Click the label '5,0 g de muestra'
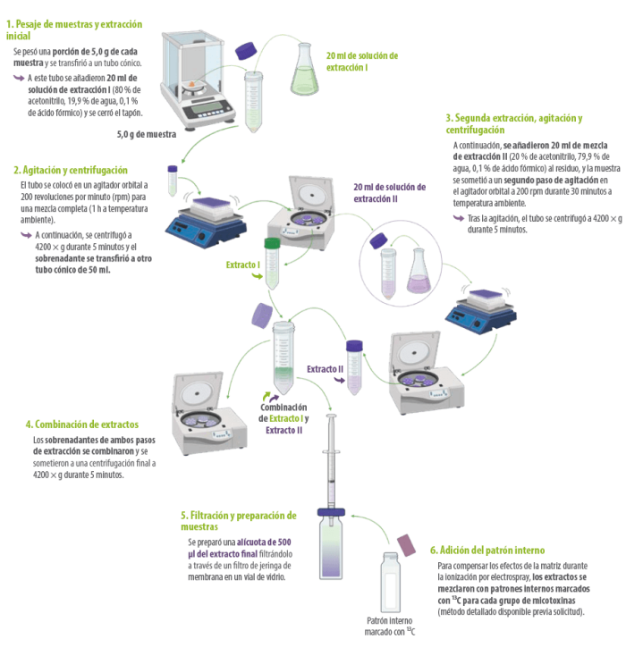[x=147, y=134]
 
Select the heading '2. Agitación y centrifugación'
[x=71, y=170]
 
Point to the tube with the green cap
[x=272, y=263]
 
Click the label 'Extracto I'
[x=243, y=265]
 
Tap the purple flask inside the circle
[x=419, y=270]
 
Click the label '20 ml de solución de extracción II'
[x=389, y=193]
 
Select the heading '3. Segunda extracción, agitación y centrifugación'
[x=514, y=124]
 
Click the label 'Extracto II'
[x=325, y=369]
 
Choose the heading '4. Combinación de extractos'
[x=82, y=425]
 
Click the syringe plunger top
[x=331, y=416]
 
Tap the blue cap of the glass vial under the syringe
[x=331, y=512]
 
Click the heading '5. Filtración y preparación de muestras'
[x=239, y=521]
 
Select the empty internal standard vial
[x=390, y=583]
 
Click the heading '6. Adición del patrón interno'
[x=487, y=551]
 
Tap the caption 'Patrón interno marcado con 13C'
[x=389, y=627]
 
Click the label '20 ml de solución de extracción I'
[x=362, y=62]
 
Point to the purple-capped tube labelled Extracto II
[x=354, y=367]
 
